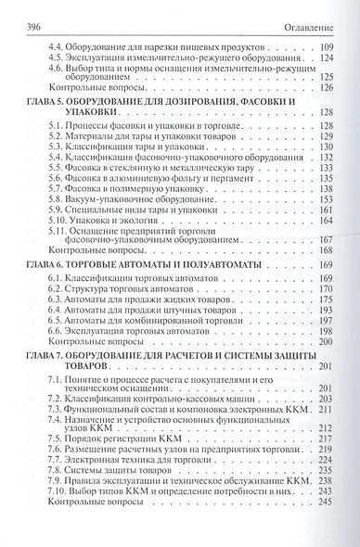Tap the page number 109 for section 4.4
point(322,46)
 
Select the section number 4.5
point(58,58)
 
